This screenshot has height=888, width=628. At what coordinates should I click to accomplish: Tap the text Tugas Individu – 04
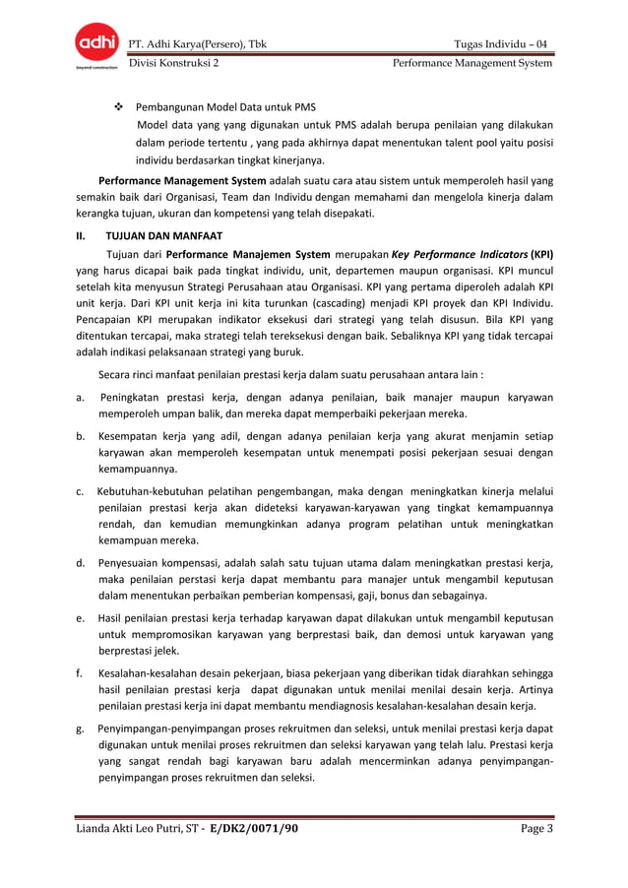502,43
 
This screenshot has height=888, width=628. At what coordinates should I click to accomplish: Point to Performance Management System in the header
472,63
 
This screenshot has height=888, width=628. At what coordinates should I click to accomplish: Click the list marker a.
79,397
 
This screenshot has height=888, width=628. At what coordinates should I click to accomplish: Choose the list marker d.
79,562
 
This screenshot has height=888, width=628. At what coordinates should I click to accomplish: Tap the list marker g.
79,728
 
